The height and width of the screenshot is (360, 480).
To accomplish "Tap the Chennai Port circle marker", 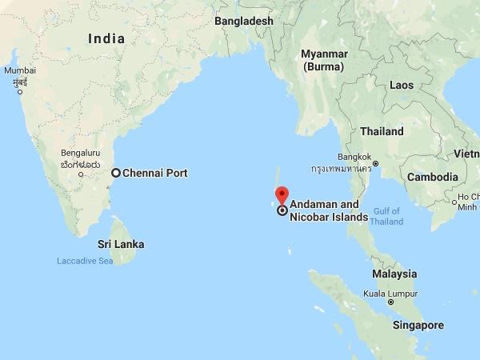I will (116, 173).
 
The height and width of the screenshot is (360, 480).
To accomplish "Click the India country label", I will (106, 38).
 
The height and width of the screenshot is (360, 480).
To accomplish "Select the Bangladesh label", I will (244, 21).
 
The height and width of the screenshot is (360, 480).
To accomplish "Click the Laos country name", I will (401, 84).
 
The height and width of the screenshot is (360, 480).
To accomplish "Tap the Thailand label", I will (382, 130).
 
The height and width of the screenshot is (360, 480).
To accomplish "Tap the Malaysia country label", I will (394, 274).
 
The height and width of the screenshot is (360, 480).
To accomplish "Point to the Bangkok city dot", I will (375, 163).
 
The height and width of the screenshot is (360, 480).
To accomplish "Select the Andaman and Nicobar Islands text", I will (328, 210).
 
